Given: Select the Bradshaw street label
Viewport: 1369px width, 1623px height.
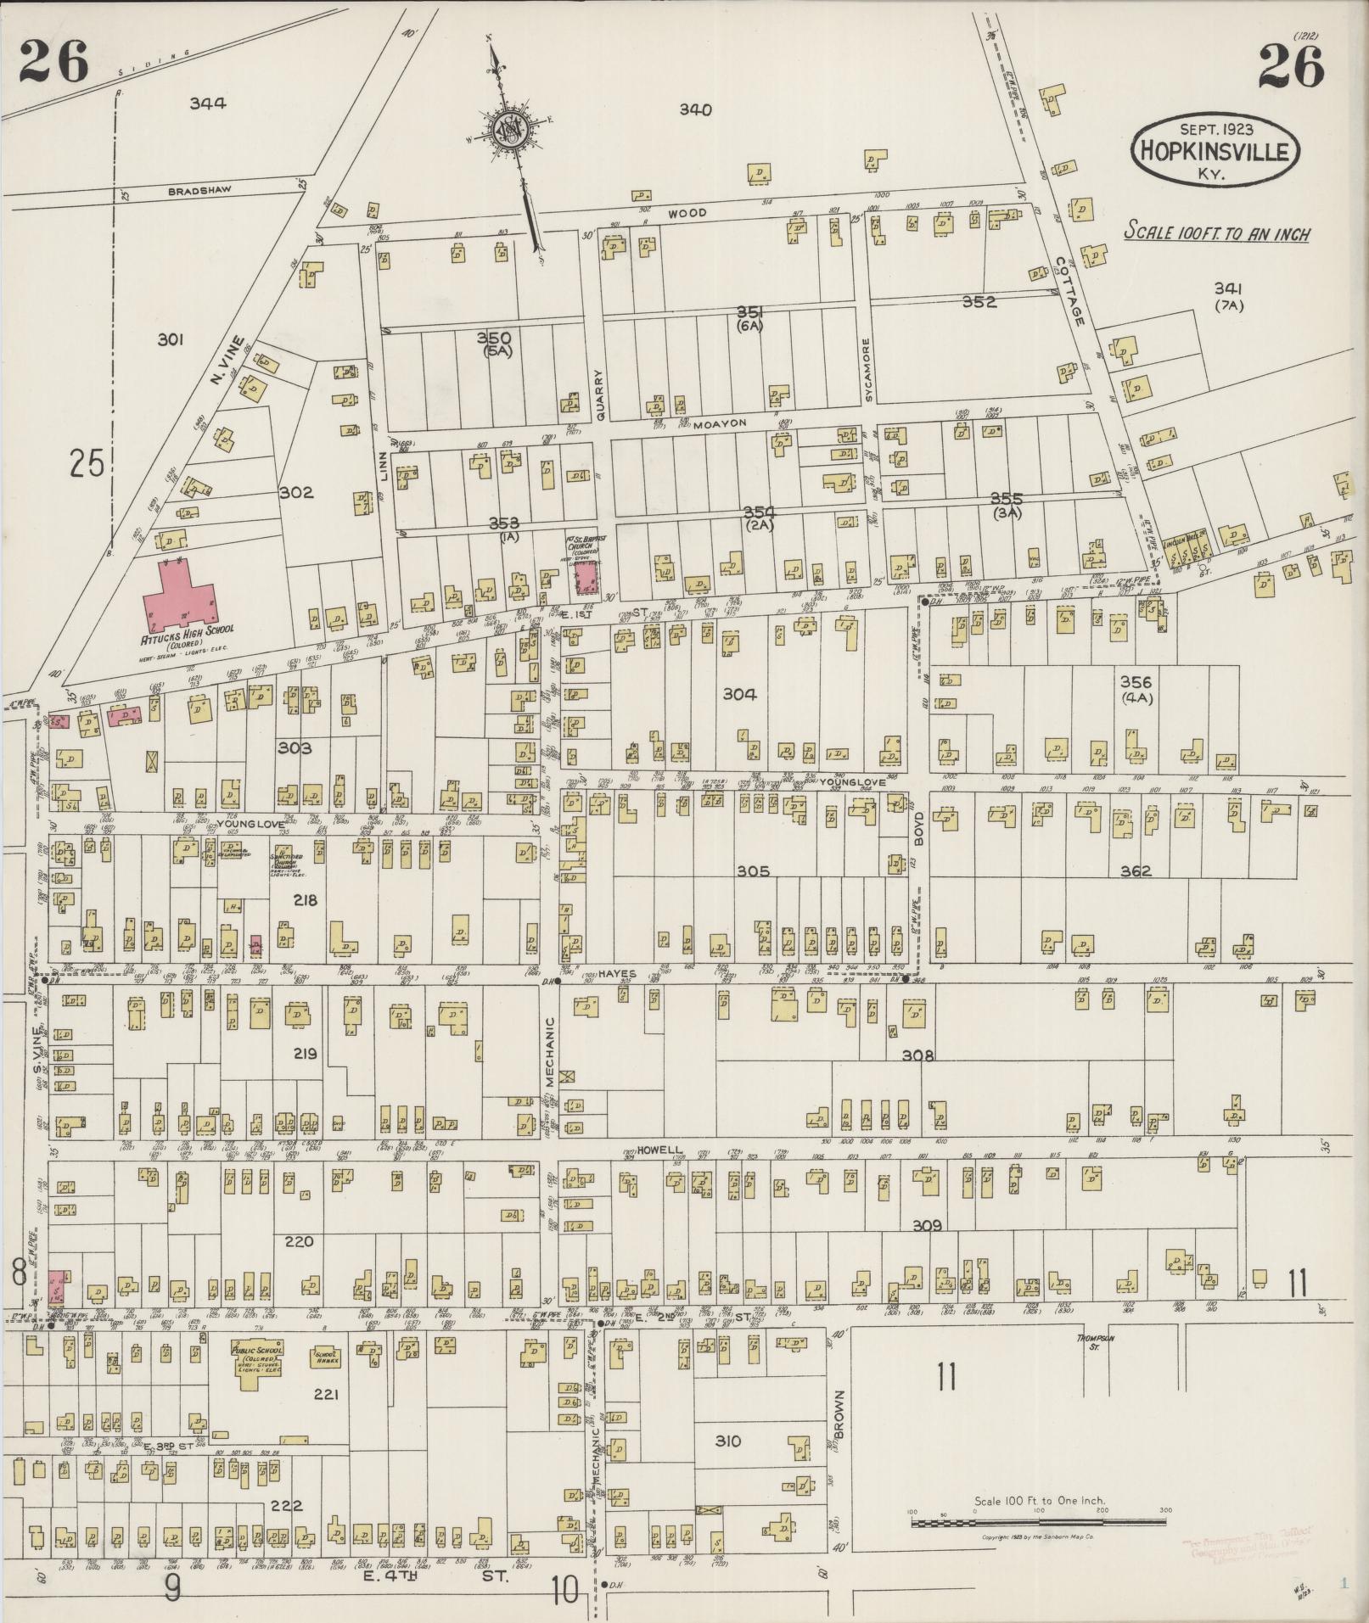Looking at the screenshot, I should point(199,192).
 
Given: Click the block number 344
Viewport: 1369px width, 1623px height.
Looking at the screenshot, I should point(207,104).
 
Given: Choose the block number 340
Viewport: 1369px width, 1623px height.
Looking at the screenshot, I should point(694,109).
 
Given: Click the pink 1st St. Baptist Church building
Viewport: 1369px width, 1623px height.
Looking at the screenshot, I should point(586,577).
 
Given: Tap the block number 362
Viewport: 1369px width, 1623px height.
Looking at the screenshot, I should point(1135,870).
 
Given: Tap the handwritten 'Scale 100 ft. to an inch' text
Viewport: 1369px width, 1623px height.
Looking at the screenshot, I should point(1215,233).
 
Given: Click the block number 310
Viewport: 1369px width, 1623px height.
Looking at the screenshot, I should point(728,1441).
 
